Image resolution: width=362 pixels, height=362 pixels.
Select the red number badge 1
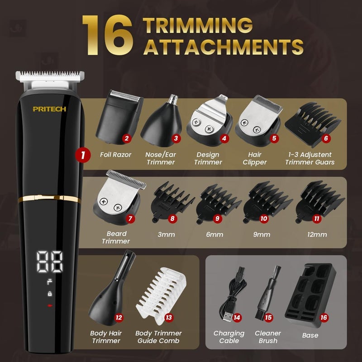[82, 155]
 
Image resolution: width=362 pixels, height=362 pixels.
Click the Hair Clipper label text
[255, 158]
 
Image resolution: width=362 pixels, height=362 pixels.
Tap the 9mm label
[262, 235]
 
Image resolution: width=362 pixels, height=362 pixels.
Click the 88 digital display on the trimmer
[50, 261]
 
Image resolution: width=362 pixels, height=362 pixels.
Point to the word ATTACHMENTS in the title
[223, 46]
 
